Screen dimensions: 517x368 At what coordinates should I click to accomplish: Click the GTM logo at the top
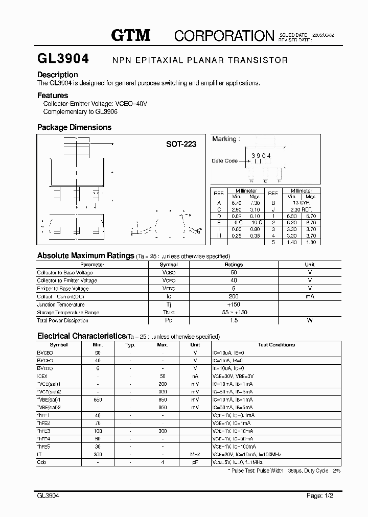coord(131,35)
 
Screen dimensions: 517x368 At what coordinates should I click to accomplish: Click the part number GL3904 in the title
coord(63,59)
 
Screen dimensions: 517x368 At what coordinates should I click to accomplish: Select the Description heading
coord(58,75)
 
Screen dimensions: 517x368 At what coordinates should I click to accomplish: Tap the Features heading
coord(53,96)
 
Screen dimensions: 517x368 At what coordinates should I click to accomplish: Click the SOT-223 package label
coord(181,144)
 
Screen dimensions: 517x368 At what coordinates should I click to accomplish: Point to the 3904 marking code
coord(261,155)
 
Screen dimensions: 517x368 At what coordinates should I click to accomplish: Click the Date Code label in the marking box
coord(224,161)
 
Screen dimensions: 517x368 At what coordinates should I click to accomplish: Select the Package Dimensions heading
coord(74,127)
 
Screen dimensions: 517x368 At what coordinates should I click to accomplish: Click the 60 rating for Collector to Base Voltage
coord(234,273)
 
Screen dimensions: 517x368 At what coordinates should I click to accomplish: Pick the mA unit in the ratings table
coord(310,296)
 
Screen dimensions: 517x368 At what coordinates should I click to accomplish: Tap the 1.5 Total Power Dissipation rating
coord(234,320)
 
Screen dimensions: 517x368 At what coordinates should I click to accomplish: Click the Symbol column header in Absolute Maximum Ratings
coord(169,265)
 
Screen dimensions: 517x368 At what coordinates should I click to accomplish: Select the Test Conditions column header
coord(277,345)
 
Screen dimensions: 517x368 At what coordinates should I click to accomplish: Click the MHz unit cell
coord(195,454)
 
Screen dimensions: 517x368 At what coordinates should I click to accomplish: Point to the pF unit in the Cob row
coord(195,462)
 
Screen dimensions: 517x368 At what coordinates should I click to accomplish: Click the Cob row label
coord(41,462)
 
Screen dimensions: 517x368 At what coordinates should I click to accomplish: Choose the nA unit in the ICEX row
coord(195,375)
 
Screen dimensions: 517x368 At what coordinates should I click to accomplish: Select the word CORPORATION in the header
coord(224,35)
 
